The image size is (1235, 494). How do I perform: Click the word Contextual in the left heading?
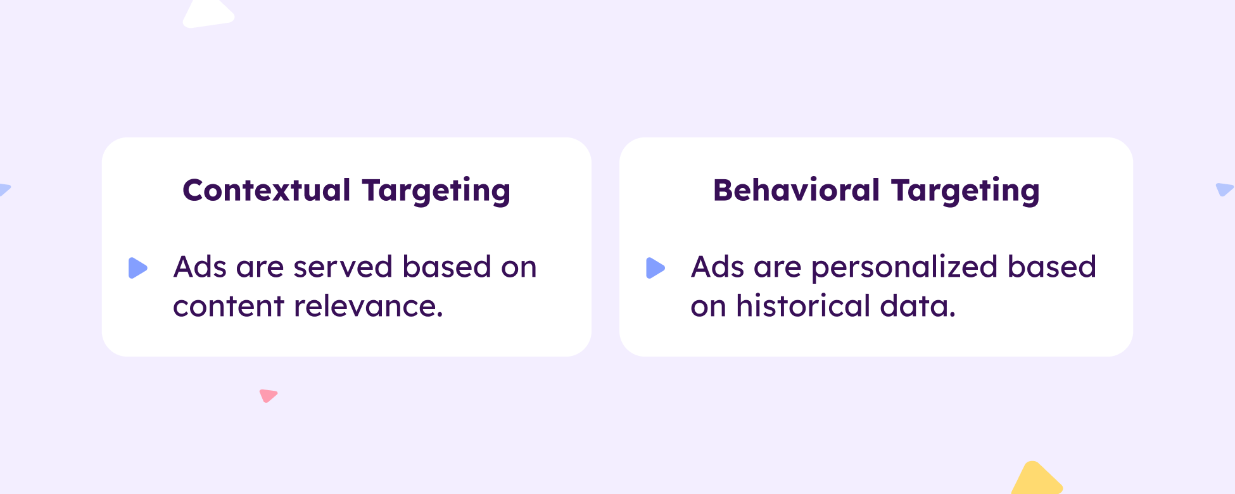[x=267, y=190]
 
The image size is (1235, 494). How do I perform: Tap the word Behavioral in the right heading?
[x=797, y=190]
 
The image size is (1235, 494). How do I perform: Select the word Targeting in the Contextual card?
[x=436, y=191]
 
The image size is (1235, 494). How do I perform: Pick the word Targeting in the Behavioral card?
[x=965, y=191]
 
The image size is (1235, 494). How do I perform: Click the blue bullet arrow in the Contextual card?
[x=137, y=268]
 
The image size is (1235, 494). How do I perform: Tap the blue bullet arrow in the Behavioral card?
[x=655, y=268]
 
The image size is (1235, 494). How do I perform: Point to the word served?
[x=343, y=267]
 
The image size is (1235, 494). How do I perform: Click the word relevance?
[x=369, y=307]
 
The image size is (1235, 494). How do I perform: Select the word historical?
[x=803, y=307]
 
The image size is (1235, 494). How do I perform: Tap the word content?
[x=229, y=307]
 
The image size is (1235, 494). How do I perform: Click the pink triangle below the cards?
[x=268, y=395]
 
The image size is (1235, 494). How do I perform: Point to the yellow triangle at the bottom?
[x=1037, y=479]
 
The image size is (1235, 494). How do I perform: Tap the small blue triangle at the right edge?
[x=1224, y=189]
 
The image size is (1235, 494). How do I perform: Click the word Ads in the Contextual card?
[x=200, y=267]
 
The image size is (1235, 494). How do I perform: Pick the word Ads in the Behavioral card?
[x=718, y=267]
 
